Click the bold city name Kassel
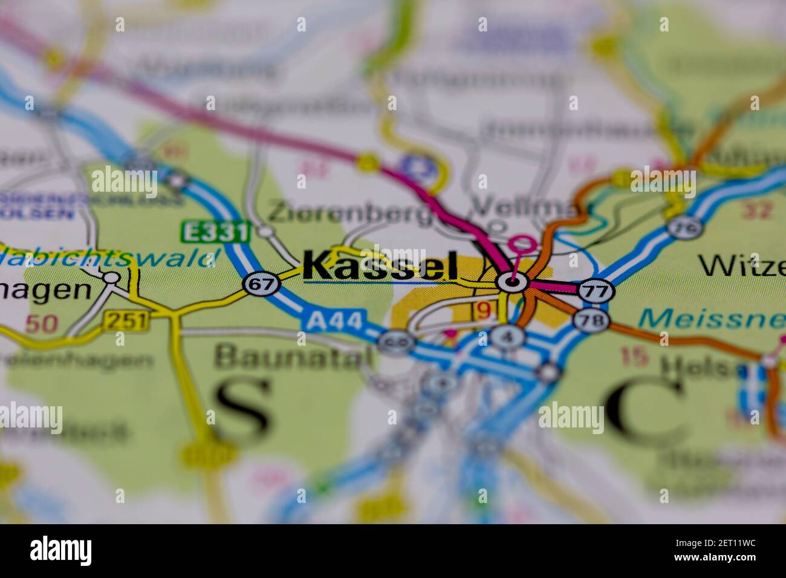[x=380, y=266]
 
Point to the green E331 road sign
[x=215, y=232]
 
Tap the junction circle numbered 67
[x=261, y=284]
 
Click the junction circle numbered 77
[x=596, y=291]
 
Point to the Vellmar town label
[x=523, y=207]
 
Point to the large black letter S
[x=242, y=404]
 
